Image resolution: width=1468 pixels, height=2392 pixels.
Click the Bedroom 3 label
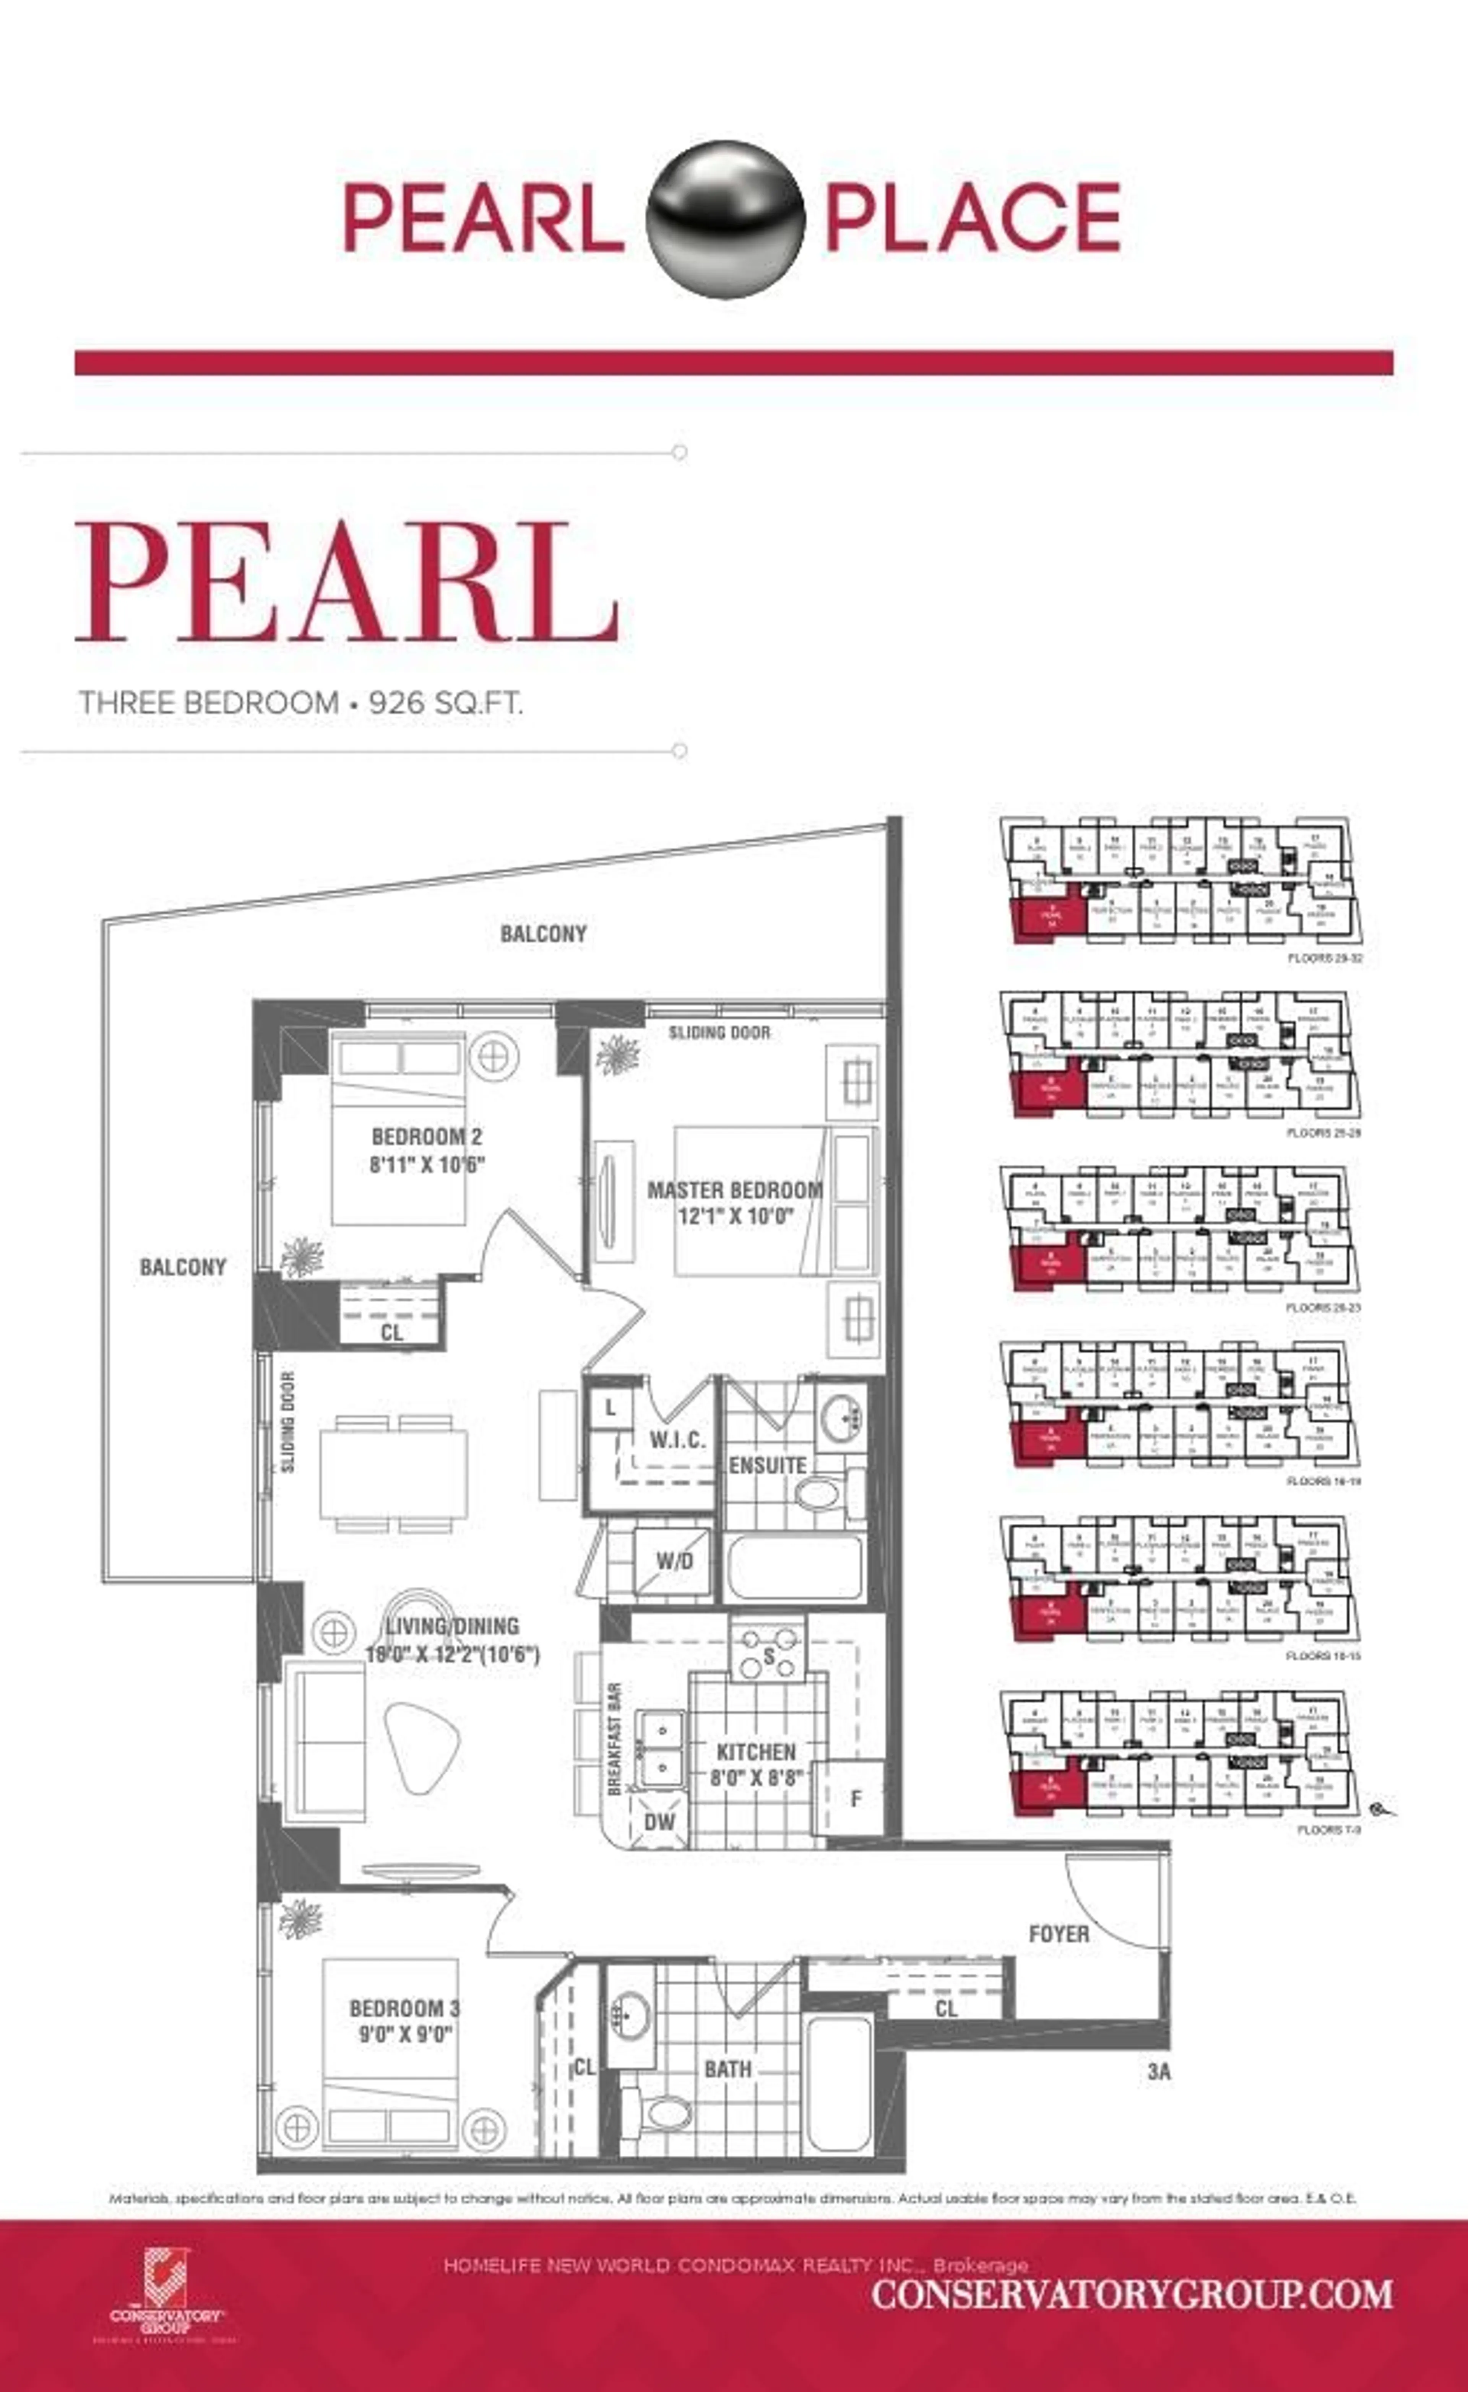tap(404, 2008)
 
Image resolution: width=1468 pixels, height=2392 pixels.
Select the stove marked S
tap(768, 1656)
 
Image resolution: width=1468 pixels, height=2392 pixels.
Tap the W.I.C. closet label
tap(677, 1439)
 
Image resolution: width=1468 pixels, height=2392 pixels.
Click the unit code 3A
tap(1158, 2071)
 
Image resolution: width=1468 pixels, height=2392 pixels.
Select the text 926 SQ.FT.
tap(445, 702)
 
